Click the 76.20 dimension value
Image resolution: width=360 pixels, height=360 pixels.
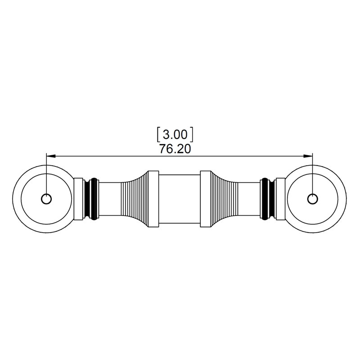(175, 149)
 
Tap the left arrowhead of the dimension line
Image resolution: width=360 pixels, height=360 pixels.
(51, 156)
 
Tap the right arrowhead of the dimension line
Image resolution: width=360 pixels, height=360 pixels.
(308, 156)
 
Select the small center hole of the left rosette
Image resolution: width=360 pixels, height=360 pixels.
(46, 199)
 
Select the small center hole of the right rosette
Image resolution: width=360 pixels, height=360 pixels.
(312, 199)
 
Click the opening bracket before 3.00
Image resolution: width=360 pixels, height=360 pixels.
(158, 134)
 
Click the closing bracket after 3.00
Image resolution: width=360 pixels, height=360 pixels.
(192, 134)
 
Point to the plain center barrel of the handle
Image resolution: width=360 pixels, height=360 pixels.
(179, 199)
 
